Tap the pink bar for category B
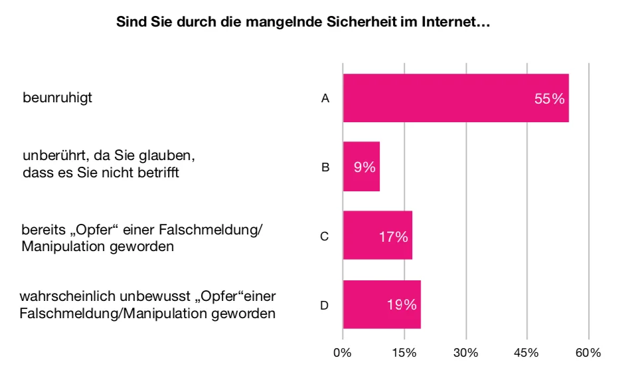361,167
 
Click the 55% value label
549,99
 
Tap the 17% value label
394,236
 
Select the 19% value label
402,305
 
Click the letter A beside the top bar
325,98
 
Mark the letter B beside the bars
325,167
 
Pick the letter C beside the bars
325,236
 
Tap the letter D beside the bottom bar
325,305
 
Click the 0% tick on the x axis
343,352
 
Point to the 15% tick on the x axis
404,352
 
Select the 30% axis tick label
466,352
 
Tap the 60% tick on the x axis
588,352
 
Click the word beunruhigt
57,98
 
